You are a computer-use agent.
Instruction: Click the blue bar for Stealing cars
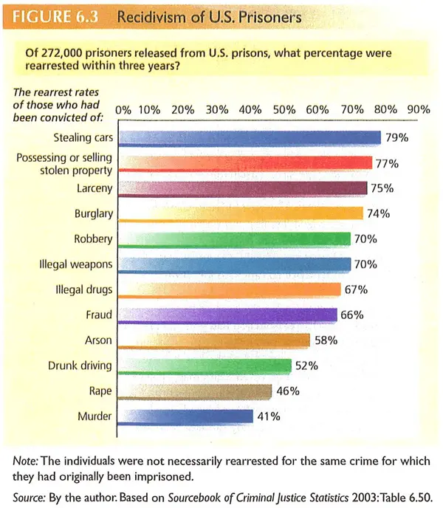coord(250,137)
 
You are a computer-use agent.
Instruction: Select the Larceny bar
coord(242,188)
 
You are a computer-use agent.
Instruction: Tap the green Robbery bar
coord(234,238)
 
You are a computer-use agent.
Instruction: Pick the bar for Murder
coord(185,416)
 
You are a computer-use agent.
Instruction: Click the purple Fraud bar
coord(228,315)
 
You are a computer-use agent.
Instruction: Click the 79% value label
coord(396,137)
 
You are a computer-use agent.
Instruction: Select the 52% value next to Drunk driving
coord(306,365)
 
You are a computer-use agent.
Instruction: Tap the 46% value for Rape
coord(287,391)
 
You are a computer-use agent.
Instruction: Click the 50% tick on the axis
coord(284,109)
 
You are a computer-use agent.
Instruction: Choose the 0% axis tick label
coord(123,109)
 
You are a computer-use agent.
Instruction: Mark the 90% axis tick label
coord(419,109)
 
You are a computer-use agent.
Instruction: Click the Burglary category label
coord(93,214)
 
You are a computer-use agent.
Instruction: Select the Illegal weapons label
coord(76,264)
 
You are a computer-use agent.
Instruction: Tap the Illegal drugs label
coord(83,289)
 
